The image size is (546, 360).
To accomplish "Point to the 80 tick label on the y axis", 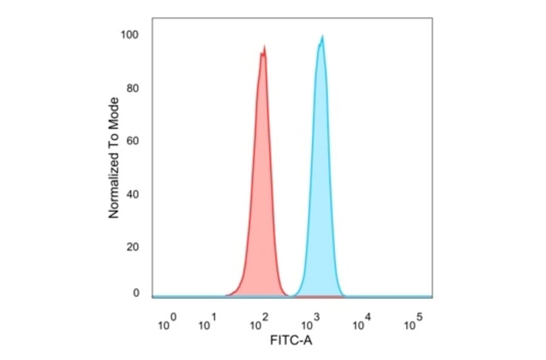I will click(x=133, y=88).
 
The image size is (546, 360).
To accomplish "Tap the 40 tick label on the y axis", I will click(x=133, y=195).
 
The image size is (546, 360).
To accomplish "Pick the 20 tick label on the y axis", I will click(x=133, y=247).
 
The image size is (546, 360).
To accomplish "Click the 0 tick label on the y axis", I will click(x=136, y=293).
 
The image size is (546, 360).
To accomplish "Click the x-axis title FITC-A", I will click(x=291, y=341).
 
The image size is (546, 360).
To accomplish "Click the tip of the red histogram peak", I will click(x=264, y=46).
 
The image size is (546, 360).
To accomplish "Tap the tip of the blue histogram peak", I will click(x=323, y=36).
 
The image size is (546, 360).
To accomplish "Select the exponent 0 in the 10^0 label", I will click(x=174, y=317).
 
